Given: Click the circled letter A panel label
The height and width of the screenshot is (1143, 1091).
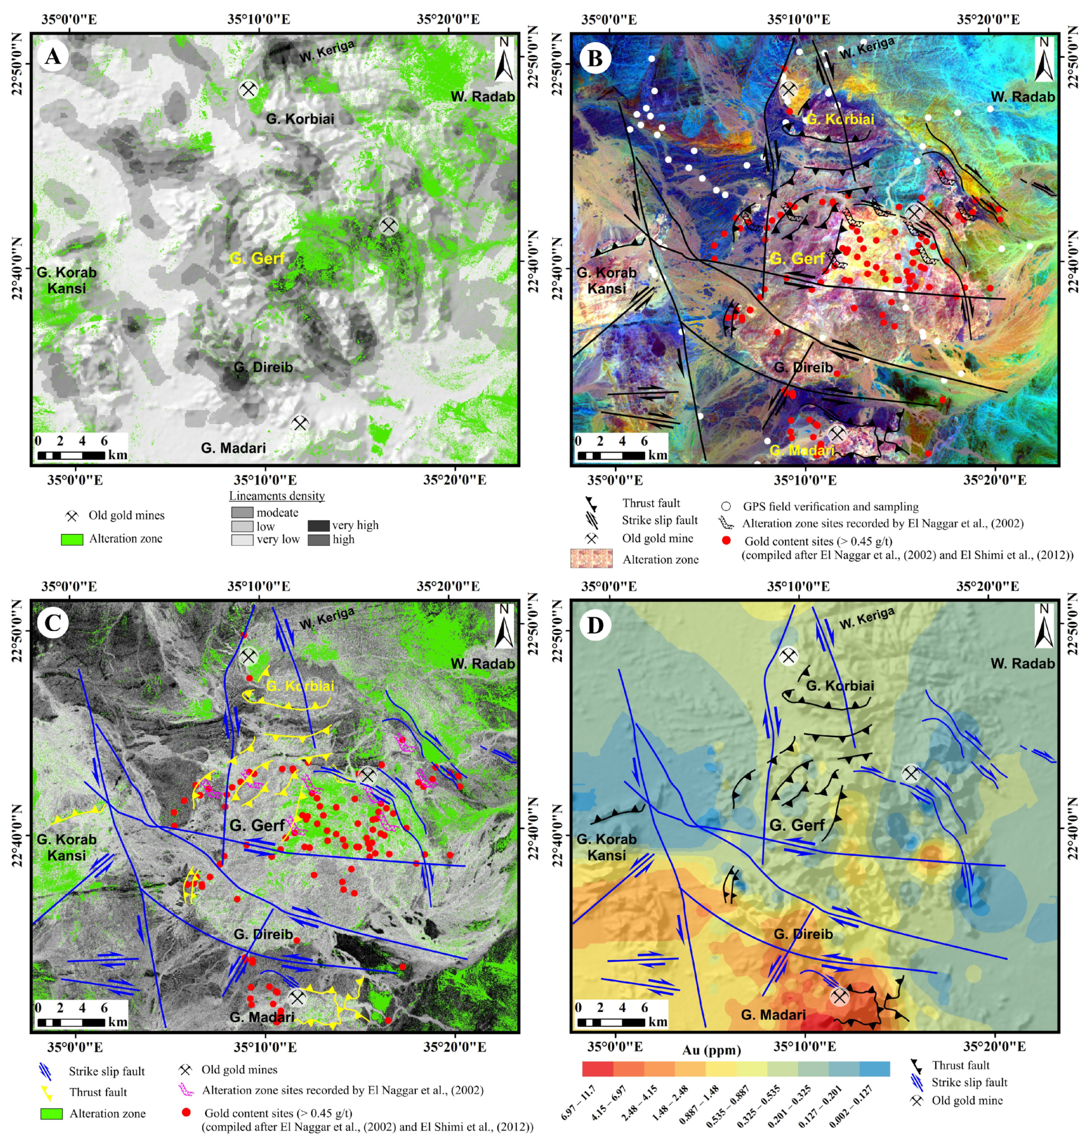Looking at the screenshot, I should point(53,57).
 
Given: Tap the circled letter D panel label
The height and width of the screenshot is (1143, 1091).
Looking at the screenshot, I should point(594,625).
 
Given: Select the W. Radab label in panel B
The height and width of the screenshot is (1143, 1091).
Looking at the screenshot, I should point(1023,97).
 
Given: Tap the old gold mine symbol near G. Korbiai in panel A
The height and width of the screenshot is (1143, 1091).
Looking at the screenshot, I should point(249,90).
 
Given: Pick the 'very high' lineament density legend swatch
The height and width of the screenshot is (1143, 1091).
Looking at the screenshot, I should point(318,526).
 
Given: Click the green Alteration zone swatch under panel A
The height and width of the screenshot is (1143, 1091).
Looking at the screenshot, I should point(72,539).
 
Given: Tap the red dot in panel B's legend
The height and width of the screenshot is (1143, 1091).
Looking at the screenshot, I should point(726,541).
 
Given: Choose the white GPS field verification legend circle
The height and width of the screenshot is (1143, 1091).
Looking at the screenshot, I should point(726,506).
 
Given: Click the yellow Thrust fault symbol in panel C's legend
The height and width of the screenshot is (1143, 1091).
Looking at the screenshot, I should point(47,1093).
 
